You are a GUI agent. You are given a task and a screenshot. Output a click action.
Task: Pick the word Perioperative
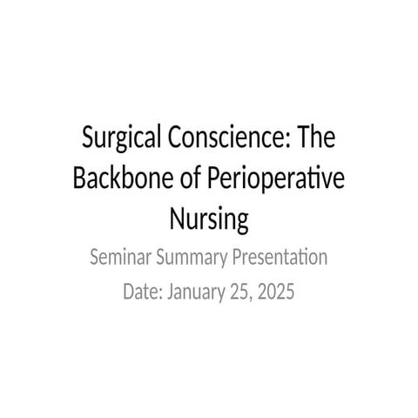276,180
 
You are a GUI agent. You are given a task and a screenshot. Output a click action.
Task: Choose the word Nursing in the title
208,219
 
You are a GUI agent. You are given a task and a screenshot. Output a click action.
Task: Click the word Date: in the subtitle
143,292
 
